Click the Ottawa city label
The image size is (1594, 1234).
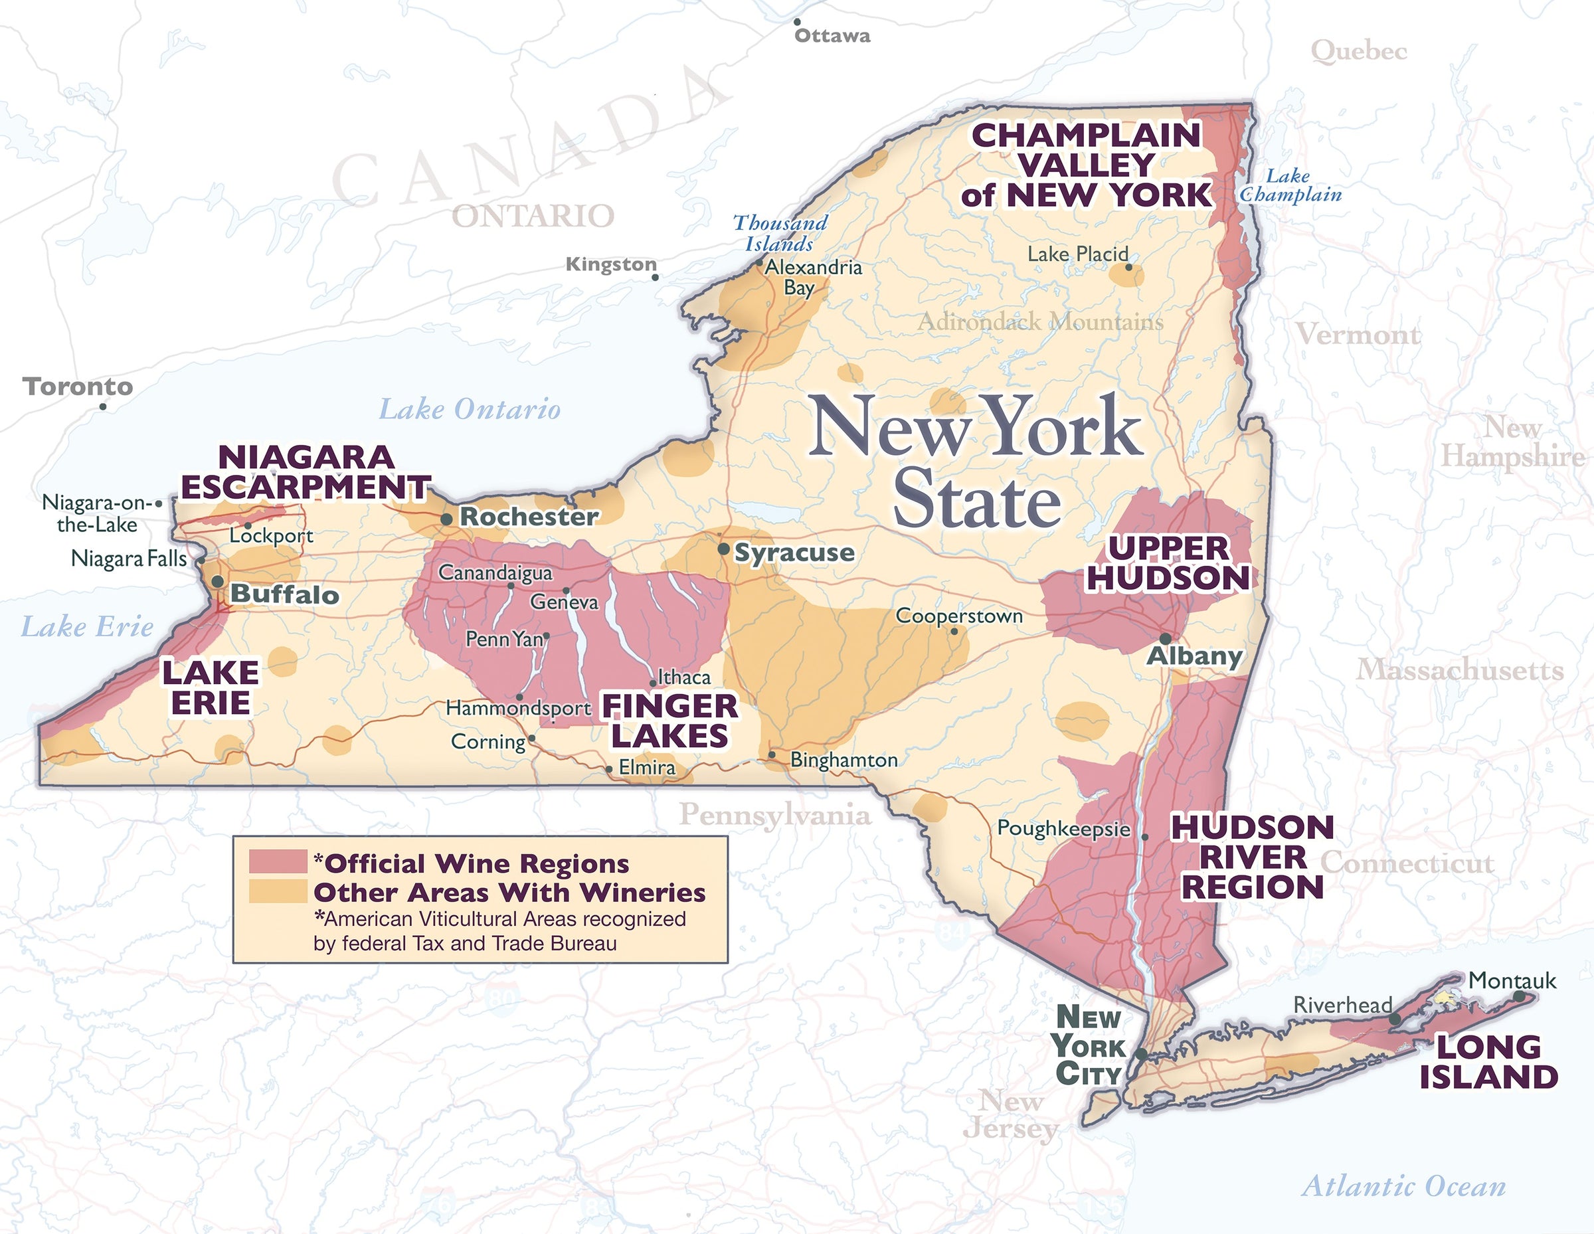(x=832, y=36)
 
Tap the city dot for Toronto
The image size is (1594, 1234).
(x=103, y=406)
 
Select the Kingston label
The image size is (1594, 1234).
(x=611, y=264)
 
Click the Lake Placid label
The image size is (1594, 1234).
(x=1077, y=254)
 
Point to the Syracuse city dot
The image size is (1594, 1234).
(x=723, y=549)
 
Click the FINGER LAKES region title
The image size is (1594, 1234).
(x=670, y=721)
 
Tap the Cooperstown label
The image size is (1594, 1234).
(x=959, y=616)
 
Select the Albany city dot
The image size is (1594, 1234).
(x=1166, y=638)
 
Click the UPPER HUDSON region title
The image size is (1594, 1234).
(x=1168, y=563)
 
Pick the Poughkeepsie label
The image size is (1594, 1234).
(x=1063, y=828)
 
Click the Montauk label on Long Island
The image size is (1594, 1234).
(x=1512, y=980)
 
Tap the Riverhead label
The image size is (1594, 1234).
(x=1342, y=1005)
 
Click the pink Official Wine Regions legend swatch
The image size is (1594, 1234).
(x=278, y=862)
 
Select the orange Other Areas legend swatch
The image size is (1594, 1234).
(x=278, y=892)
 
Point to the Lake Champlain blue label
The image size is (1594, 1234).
(x=1290, y=185)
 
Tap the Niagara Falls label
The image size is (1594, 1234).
(x=130, y=559)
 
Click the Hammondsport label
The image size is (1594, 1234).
(x=518, y=708)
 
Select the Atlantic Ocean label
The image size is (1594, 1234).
(x=1403, y=1186)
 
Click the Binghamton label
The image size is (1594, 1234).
(x=843, y=760)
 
